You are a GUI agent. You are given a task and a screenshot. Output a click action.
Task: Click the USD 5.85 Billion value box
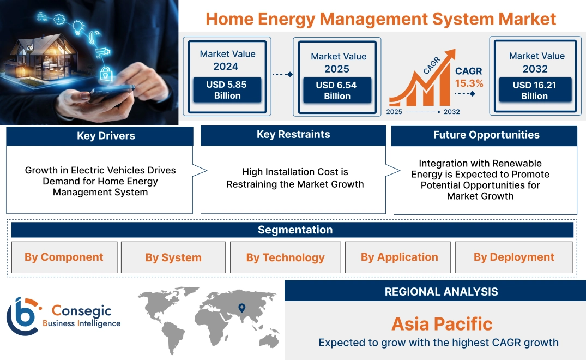227,91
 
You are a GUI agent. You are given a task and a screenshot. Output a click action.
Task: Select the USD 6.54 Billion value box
337,91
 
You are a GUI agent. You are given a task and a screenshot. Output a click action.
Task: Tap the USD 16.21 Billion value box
534,91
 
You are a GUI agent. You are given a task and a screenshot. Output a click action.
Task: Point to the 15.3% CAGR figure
469,83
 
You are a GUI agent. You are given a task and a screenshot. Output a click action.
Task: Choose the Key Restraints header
293,135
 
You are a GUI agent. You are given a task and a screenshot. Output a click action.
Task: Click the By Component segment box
64,257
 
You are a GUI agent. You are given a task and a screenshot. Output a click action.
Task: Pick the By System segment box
173,257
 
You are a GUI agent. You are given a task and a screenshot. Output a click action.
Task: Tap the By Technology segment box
285,257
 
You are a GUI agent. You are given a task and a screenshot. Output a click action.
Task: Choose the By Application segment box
399,257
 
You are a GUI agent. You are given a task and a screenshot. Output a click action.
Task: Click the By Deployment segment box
513,257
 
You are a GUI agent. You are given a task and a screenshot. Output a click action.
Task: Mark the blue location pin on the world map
241,308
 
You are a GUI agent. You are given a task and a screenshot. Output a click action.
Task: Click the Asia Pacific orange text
442,324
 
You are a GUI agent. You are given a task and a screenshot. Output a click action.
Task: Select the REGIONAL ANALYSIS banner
441,292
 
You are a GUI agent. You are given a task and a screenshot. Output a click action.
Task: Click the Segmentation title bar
295,230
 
